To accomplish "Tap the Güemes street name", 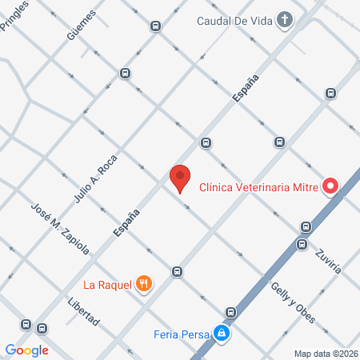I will point(82,25).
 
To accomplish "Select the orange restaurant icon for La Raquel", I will point(144,282).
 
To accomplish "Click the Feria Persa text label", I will point(182,333).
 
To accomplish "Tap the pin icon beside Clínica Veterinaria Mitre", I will point(330,187).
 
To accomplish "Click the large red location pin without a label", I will point(180,178).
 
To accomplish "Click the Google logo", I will point(26,350).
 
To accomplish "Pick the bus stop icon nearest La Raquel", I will point(177,271).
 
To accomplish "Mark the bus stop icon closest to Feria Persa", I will point(230,312).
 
